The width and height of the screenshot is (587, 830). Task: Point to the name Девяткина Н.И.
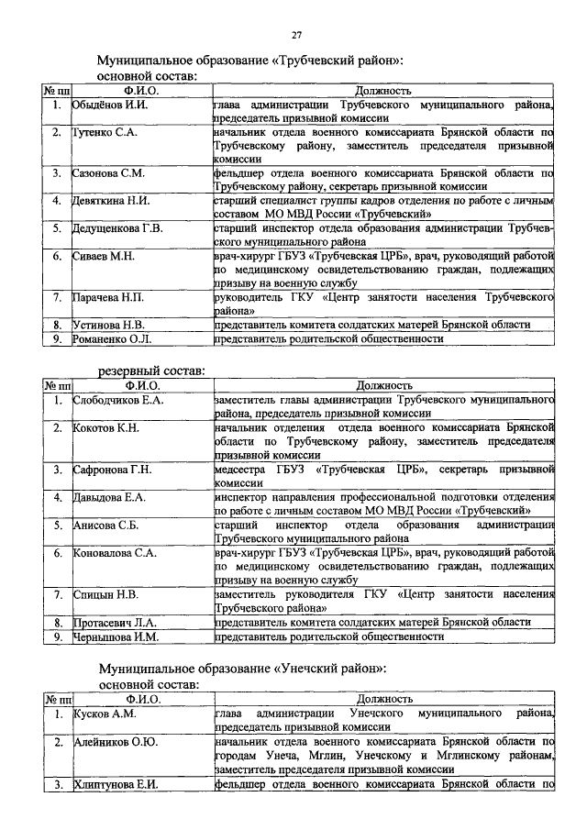111,200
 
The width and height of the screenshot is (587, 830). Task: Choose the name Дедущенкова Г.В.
117,227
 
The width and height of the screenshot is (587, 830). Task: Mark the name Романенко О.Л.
112,338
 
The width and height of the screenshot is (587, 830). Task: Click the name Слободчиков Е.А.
118,400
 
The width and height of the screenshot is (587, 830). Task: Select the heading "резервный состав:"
152,371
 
